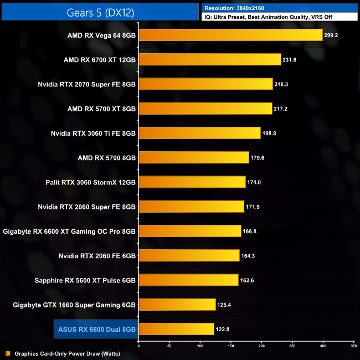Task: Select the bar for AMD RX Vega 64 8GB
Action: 230,35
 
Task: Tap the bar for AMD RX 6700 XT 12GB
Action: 210,60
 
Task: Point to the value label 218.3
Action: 282,84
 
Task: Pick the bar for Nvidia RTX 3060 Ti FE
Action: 199,133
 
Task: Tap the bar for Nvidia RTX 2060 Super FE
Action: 191,207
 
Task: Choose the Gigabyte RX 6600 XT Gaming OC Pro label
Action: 69,231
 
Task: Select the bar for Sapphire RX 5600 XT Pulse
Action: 188,280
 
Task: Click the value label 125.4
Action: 225,304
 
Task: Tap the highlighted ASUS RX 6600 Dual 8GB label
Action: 97,329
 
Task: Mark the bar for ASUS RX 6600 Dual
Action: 176,329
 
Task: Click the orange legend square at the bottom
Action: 7,353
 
